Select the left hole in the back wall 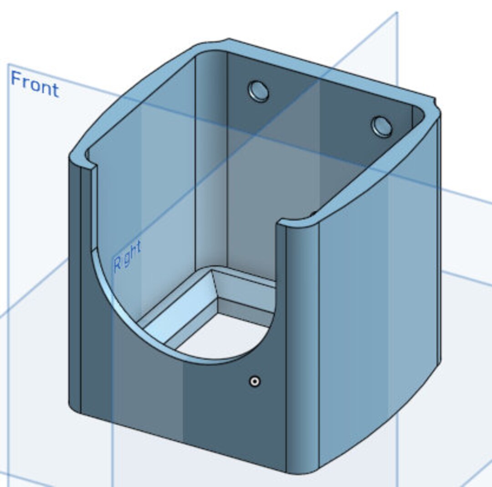259,91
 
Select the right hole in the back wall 382,126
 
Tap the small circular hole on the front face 255,381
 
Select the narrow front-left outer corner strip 75,282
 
